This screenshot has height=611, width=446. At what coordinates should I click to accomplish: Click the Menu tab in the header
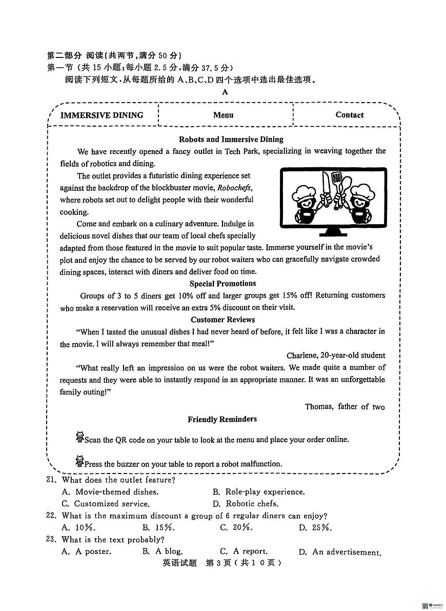[223, 115]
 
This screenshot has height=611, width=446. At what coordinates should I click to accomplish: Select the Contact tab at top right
[349, 115]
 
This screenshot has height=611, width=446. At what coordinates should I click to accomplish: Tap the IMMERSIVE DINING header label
[102, 115]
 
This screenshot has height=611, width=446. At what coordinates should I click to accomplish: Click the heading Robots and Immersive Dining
[231, 139]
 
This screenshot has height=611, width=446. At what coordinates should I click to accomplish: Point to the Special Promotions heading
[222, 283]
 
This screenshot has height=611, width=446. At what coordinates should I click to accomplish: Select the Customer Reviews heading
[222, 319]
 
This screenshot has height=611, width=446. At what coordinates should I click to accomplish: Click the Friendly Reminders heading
[222, 419]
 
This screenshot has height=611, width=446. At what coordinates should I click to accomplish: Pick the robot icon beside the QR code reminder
[79, 437]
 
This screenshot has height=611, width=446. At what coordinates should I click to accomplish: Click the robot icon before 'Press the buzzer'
[79, 461]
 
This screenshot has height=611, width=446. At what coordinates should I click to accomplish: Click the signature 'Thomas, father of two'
[344, 407]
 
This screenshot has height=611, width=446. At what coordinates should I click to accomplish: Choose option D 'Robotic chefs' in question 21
[246, 504]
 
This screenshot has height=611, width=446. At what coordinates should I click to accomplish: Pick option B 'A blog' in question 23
[163, 551]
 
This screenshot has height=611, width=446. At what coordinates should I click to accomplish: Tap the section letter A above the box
[225, 92]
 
